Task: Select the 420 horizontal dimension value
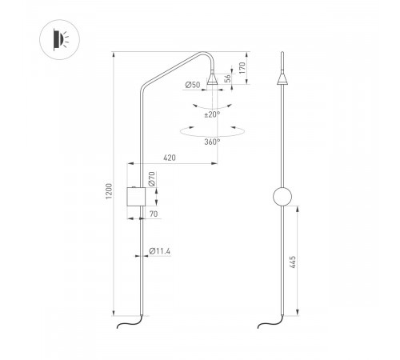[170, 158]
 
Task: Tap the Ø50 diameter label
[192, 85]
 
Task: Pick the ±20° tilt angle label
[212, 114]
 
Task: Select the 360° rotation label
[212, 142]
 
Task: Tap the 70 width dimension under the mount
[152, 214]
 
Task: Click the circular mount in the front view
[282, 197]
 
